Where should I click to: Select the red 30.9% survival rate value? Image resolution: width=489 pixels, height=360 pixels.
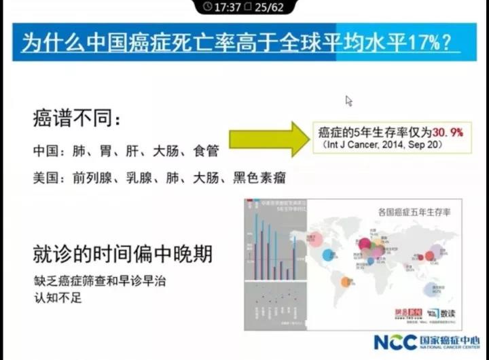click(x=444, y=132)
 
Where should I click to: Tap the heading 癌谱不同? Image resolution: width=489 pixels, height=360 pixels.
click(x=74, y=120)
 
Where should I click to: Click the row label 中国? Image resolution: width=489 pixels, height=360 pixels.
click(x=46, y=151)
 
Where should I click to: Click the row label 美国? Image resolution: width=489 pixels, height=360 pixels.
click(x=46, y=179)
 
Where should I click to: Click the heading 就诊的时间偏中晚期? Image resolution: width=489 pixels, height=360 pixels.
click(x=122, y=254)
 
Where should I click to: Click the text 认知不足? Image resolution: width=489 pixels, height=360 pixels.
click(x=57, y=297)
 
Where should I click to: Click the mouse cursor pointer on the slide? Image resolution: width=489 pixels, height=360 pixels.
click(x=348, y=101)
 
